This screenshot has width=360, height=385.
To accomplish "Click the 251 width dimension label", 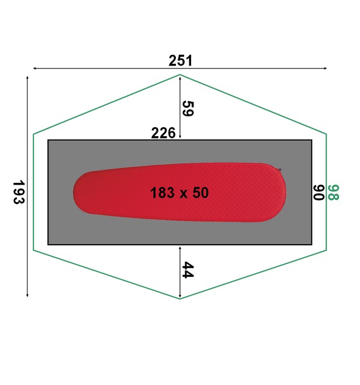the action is (x=180, y=61).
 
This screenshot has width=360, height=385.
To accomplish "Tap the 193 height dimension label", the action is (x=19, y=192).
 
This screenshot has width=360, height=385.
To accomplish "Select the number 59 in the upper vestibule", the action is (x=188, y=109).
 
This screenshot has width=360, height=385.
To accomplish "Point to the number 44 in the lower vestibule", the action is (x=188, y=270).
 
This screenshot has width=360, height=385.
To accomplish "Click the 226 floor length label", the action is (x=163, y=133).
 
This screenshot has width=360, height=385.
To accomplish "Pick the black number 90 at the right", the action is (x=319, y=193).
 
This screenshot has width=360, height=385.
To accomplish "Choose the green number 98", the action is (x=333, y=193).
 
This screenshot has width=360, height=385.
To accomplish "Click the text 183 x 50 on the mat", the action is (x=179, y=193).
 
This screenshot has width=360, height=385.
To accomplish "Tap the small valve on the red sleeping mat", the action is (x=280, y=170).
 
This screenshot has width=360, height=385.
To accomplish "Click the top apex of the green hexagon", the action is (x=180, y=75).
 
